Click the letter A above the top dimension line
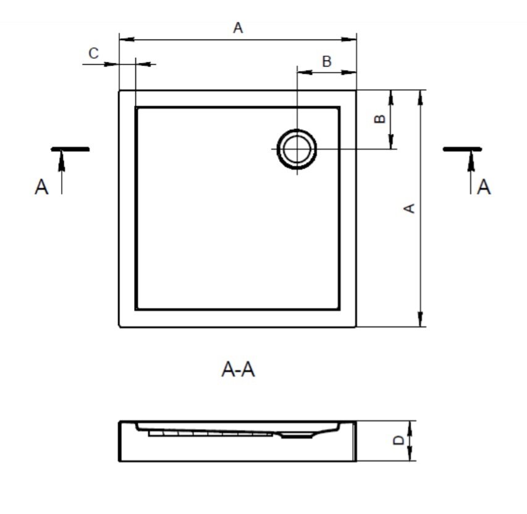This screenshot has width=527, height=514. pyautogui.click(x=238, y=28)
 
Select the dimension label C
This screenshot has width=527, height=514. pyautogui.click(x=93, y=53)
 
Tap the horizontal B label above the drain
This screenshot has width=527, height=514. pyautogui.click(x=327, y=62)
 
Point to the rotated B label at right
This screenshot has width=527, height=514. pyautogui.click(x=380, y=119)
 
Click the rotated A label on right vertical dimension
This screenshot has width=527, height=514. pyautogui.click(x=409, y=208)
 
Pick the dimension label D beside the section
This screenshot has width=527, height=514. pyautogui.click(x=398, y=440)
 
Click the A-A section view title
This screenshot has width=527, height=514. pyautogui.click(x=238, y=370)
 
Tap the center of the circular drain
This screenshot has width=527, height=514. pyautogui.click(x=297, y=149)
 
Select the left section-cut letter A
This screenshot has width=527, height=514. pyautogui.click(x=41, y=187)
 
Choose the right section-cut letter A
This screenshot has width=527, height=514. pyautogui.click(x=484, y=187)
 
